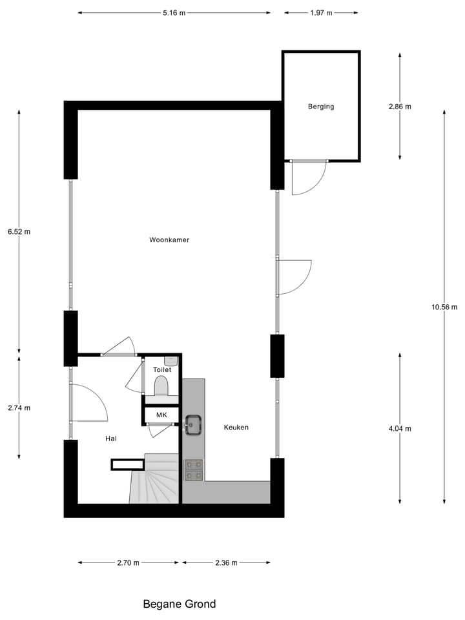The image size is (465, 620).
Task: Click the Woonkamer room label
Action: [x=169, y=240]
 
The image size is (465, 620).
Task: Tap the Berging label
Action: [x=321, y=107]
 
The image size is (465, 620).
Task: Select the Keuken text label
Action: [x=236, y=428]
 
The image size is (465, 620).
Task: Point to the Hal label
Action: [x=112, y=439]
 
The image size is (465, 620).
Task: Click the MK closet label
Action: [x=161, y=414]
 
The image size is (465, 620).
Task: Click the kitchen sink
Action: [x=193, y=424]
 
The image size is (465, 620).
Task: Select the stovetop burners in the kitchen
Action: [x=194, y=470]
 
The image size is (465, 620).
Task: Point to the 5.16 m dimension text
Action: [x=174, y=12]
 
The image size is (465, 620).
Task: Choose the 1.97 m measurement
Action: [x=321, y=12]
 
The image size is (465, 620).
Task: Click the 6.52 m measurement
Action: [x=19, y=231]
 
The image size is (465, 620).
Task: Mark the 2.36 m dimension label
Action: [x=226, y=563]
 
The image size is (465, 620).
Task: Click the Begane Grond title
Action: [x=179, y=604]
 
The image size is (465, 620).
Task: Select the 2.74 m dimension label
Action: [x=19, y=408]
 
